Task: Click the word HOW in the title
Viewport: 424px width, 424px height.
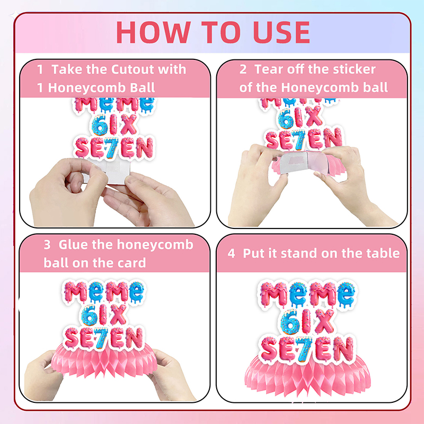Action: (154, 32)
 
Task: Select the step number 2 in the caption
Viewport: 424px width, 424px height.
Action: (243, 69)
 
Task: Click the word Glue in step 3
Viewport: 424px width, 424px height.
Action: (73, 244)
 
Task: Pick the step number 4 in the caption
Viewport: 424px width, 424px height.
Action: (231, 254)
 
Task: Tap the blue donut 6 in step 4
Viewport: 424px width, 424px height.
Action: (290, 322)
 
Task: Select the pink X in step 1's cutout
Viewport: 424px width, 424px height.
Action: (129, 124)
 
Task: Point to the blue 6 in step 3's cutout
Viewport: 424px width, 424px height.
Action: (89, 315)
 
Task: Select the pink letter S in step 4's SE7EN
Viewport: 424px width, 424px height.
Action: (269, 349)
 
